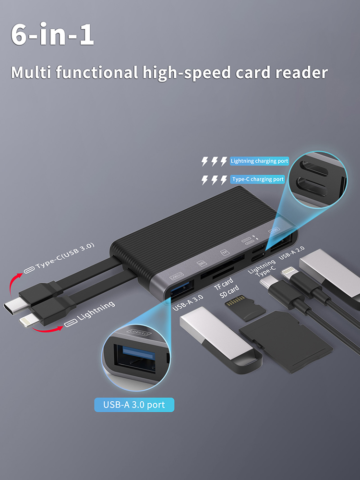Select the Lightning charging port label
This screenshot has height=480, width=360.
[260, 161]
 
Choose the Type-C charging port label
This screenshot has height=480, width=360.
[258, 179]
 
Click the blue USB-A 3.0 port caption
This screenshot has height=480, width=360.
[134, 405]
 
